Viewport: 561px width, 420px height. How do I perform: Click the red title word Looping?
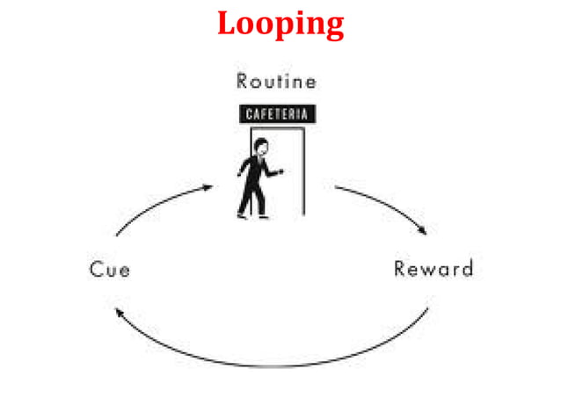[280, 24]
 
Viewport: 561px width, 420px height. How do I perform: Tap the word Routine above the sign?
[276, 82]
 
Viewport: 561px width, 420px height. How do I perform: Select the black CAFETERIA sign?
[277, 114]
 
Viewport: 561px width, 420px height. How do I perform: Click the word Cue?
[110, 269]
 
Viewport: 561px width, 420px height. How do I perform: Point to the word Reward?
[433, 268]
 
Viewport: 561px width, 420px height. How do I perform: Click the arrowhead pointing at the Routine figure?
[208, 186]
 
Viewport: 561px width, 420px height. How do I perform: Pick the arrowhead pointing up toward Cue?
[120, 313]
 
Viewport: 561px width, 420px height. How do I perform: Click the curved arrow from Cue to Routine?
[158, 205]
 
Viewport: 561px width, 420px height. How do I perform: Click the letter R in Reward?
[400, 268]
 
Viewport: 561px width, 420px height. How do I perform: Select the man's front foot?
[263, 214]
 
